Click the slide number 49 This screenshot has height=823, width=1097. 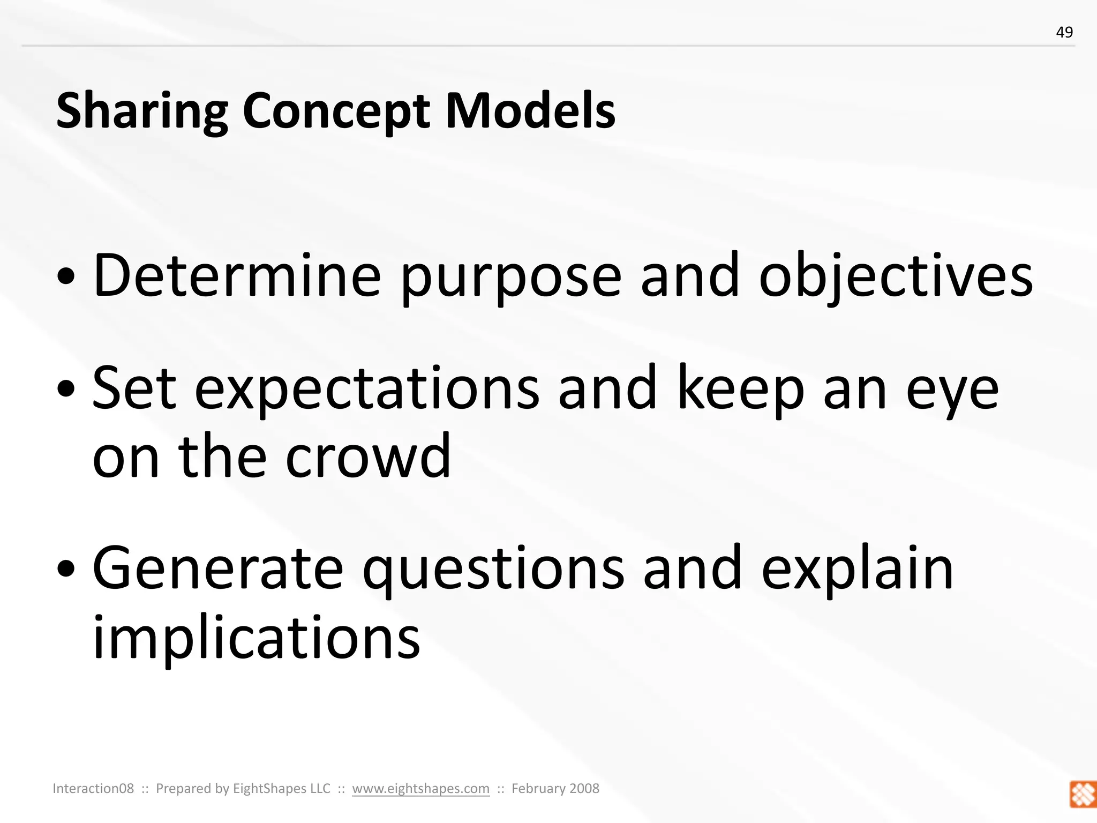point(1064,33)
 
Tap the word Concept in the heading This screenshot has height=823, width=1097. point(336,111)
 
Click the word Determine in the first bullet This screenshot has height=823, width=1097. point(237,276)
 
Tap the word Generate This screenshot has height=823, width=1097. point(217,569)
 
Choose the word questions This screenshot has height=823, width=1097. point(493,570)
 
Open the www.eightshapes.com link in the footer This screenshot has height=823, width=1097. point(420,788)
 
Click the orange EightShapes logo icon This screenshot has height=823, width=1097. point(1083,794)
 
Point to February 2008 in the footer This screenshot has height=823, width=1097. point(555,788)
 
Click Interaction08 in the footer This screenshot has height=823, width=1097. point(93,788)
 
